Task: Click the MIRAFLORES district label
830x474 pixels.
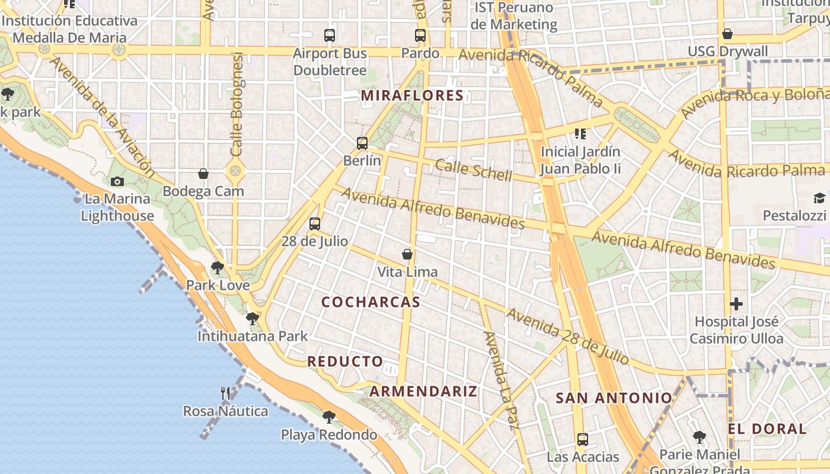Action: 412,95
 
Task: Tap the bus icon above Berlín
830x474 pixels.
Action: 362,143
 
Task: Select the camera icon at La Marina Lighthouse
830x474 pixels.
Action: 117,181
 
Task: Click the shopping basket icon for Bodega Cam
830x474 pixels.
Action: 203,174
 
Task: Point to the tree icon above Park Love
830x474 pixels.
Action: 218,268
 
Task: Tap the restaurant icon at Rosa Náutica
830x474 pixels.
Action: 225,393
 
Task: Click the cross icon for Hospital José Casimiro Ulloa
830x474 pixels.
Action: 736,305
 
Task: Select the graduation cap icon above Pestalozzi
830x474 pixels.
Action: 819,198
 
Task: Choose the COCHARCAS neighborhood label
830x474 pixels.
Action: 371,302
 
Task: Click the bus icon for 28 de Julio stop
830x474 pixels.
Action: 315,224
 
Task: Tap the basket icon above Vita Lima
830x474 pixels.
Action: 407,254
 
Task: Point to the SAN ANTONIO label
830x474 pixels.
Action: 614,398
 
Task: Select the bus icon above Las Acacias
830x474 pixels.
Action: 583,440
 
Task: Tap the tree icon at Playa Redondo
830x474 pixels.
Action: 328,417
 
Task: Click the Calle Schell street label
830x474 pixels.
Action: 473,170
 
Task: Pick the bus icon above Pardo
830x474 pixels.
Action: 420,36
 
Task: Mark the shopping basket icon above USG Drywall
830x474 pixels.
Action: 727,34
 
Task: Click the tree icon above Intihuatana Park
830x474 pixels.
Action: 253,319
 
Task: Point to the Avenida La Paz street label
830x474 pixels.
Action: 502,380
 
